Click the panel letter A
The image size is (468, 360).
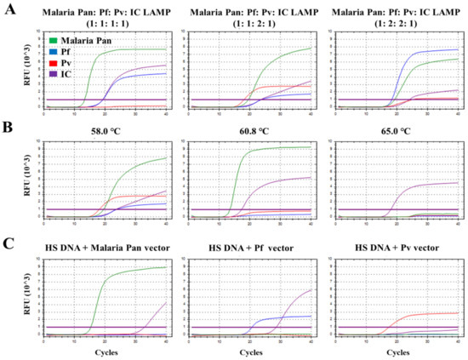coord(10,9)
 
